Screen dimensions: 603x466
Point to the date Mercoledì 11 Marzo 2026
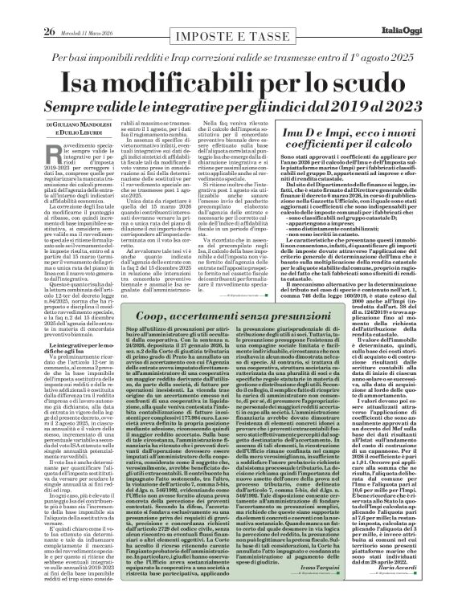coord(66,10)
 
